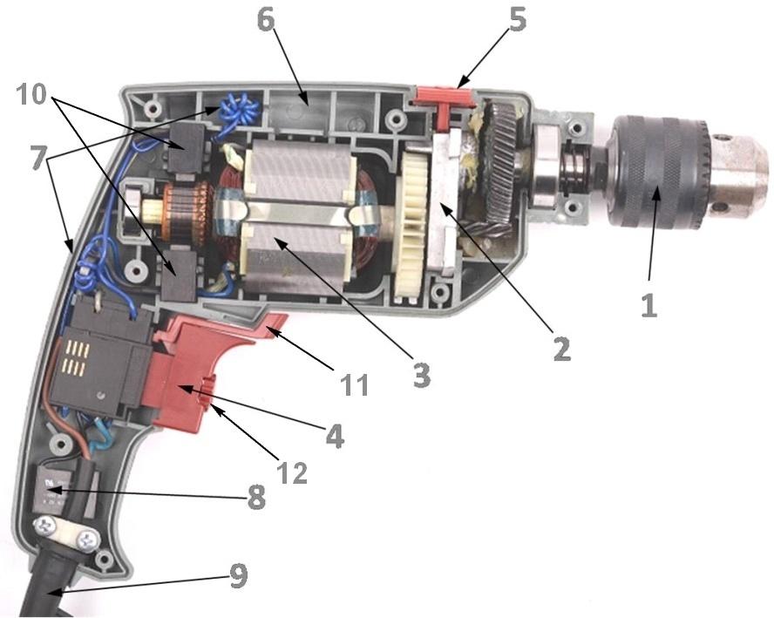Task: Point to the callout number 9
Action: (x=237, y=574)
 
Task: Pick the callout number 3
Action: (x=421, y=374)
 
